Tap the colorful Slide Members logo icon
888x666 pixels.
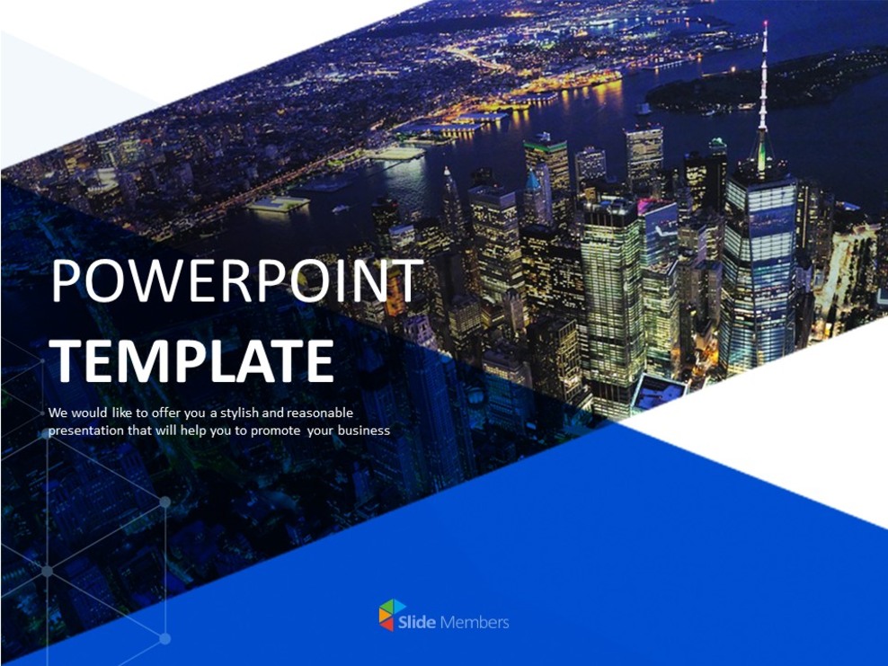pyautogui.click(x=392, y=615)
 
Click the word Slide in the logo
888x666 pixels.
pyautogui.click(x=423, y=621)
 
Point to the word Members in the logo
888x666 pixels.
pyautogui.click(x=475, y=621)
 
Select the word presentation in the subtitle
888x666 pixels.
pyautogui.click(x=86, y=431)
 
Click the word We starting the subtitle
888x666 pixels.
pyautogui.click(x=58, y=413)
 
